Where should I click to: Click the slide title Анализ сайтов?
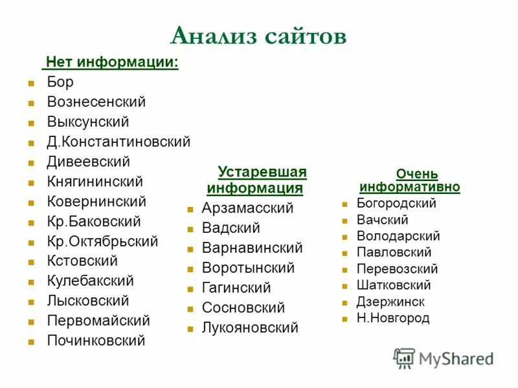click(258, 36)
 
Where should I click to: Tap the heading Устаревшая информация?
click(257, 180)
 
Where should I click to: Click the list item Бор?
click(60, 82)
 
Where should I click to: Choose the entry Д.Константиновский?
click(118, 142)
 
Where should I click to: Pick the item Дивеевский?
click(88, 162)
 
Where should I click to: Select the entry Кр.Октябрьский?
click(102, 241)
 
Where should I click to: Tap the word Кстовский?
click(82, 261)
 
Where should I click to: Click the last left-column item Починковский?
click(96, 341)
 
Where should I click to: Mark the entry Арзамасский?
click(247, 208)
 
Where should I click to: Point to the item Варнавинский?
click(252, 248)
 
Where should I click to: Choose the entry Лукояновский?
click(250, 328)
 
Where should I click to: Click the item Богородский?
click(396, 204)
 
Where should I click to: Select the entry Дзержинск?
click(390, 302)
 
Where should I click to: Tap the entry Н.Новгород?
click(393, 318)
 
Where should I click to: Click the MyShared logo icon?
click(404, 358)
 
